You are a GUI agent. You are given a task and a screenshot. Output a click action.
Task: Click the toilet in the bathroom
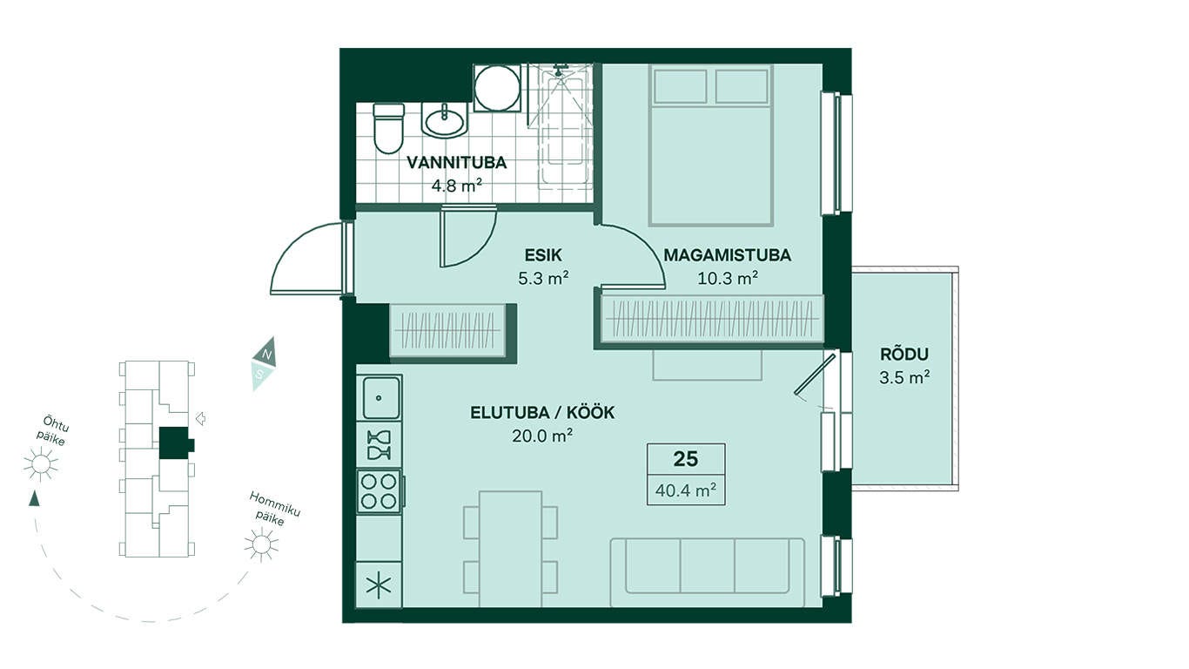pyautogui.click(x=388, y=128)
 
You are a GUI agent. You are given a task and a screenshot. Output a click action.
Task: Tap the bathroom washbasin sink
pyautogui.click(x=445, y=120)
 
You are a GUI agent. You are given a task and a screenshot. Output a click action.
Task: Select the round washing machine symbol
pyautogui.click(x=497, y=88)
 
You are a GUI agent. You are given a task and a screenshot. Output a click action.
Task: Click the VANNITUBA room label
pyautogui.click(x=456, y=163)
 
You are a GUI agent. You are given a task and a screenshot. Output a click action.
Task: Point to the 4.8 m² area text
pyautogui.click(x=456, y=186)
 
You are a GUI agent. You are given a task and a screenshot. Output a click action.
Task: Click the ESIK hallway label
pyautogui.click(x=543, y=255)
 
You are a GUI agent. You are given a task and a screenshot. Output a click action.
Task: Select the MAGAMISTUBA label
pyautogui.click(x=727, y=255)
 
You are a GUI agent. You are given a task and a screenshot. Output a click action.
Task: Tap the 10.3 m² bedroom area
pyautogui.click(x=727, y=278)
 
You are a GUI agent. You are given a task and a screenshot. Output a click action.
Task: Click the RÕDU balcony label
pyautogui.click(x=904, y=354)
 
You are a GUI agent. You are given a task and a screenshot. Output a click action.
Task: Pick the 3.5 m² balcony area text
pyautogui.click(x=904, y=377)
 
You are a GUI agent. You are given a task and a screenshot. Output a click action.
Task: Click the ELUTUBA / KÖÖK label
pyautogui.click(x=542, y=412)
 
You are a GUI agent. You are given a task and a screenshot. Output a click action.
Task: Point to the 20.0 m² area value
pyautogui.click(x=542, y=436)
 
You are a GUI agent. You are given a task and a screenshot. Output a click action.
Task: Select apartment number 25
pyautogui.click(x=686, y=458)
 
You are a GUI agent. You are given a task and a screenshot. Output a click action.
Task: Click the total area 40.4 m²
pyautogui.click(x=686, y=490)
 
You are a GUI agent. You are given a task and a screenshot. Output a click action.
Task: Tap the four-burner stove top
pyautogui.click(x=379, y=491)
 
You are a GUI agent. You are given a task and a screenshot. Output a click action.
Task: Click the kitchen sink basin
pyautogui.click(x=380, y=397)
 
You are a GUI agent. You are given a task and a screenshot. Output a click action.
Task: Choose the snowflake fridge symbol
pyautogui.click(x=379, y=585)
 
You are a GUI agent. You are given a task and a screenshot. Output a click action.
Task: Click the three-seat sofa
pyautogui.click(x=708, y=573)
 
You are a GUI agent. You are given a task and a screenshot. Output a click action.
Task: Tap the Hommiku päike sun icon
pyautogui.click(x=261, y=544)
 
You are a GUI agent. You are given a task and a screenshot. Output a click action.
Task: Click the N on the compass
pyautogui.click(x=268, y=355)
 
